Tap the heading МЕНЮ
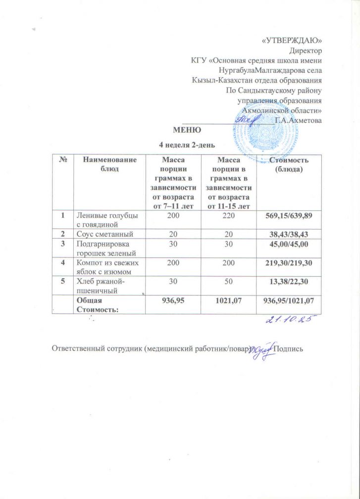tap(187, 131)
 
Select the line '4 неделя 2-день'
tap(187, 145)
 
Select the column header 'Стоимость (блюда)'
tap(289, 165)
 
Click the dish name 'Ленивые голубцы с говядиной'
tap(105, 219)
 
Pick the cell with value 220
tap(229, 215)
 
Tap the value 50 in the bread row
tap(229, 282)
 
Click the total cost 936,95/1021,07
tap(289, 300)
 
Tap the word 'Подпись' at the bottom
tap(289, 349)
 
